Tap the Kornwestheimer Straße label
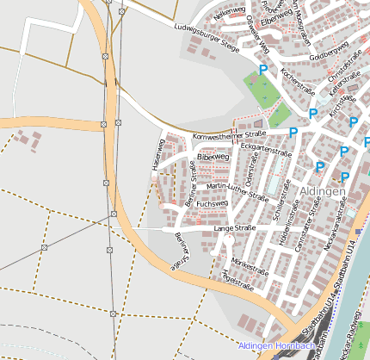[230, 136]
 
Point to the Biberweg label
[213, 158]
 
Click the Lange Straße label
[235, 228]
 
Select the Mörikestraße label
[250, 262]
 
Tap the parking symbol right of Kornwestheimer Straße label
[293, 133]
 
